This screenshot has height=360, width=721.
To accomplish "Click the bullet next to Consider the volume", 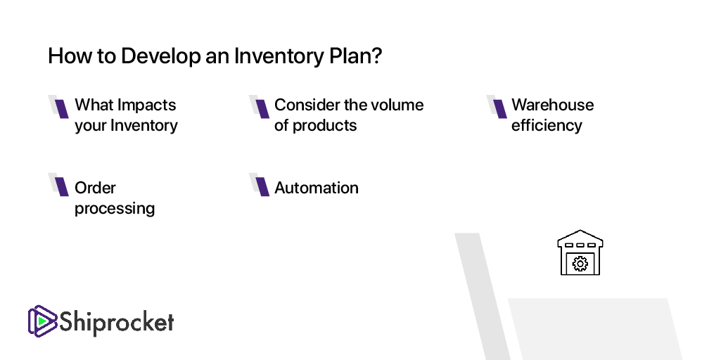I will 262,108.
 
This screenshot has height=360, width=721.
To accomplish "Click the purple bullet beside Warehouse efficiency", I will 499,108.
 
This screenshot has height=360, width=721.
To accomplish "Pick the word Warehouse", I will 552,105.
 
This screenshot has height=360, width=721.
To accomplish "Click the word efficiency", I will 547,126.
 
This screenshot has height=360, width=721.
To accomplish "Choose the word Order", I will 95,188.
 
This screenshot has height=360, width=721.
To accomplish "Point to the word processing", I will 115,209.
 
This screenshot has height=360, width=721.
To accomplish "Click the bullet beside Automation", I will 262,186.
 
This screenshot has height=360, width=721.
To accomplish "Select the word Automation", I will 317,188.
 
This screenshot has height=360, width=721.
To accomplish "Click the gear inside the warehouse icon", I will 580,264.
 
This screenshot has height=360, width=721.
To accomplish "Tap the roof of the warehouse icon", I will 580,236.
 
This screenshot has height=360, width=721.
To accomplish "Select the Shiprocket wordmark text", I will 116,323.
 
